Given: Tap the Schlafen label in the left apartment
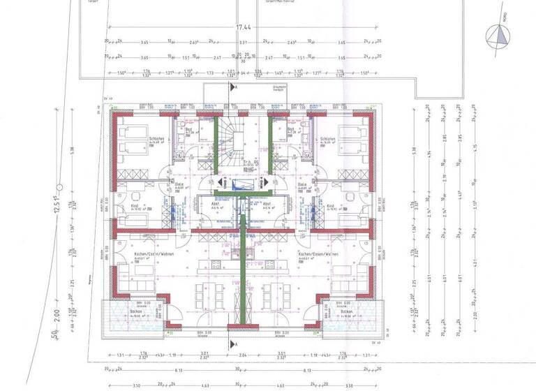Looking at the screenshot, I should pyautogui.click(x=156, y=140).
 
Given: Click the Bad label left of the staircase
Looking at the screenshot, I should pyautogui.click(x=188, y=130).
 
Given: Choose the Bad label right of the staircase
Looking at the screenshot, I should pyautogui.click(x=290, y=130).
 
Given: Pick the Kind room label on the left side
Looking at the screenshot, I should pyautogui.click(x=135, y=207).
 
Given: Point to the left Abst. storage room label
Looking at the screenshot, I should pyautogui.click(x=216, y=205).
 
